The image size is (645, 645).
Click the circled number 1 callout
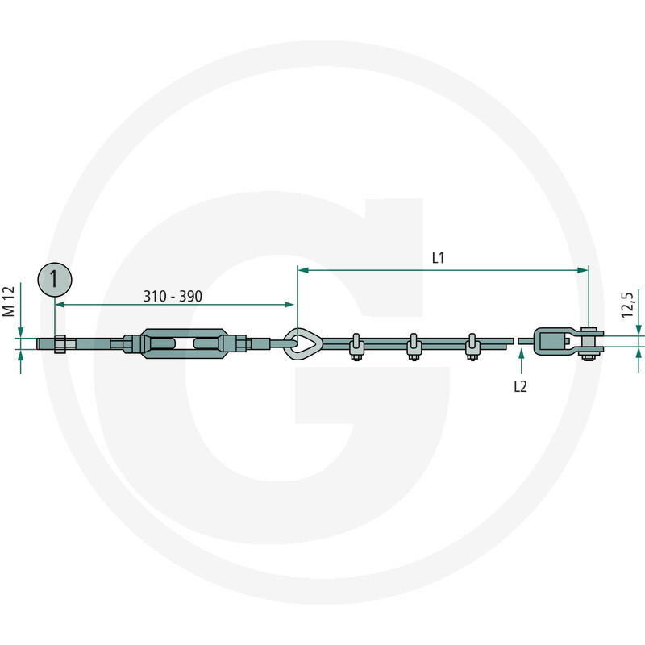coord(55,280)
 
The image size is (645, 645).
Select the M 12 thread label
coord(9,302)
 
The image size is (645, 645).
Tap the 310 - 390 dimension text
coord(173,296)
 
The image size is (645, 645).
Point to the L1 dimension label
coord(438,258)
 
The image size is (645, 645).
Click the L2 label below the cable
coord(520,386)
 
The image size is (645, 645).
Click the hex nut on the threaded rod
coord(60,343)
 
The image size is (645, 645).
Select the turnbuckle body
coord(184,343)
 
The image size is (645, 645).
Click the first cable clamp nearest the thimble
coord(356,347)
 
